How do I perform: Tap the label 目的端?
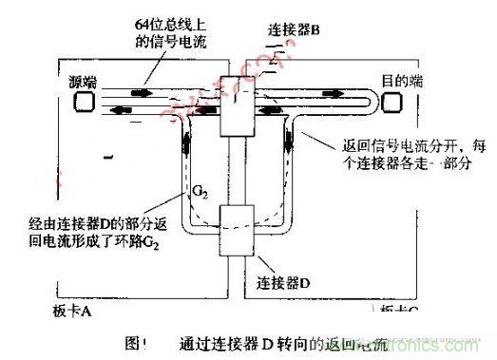pyautogui.click(x=403, y=82)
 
